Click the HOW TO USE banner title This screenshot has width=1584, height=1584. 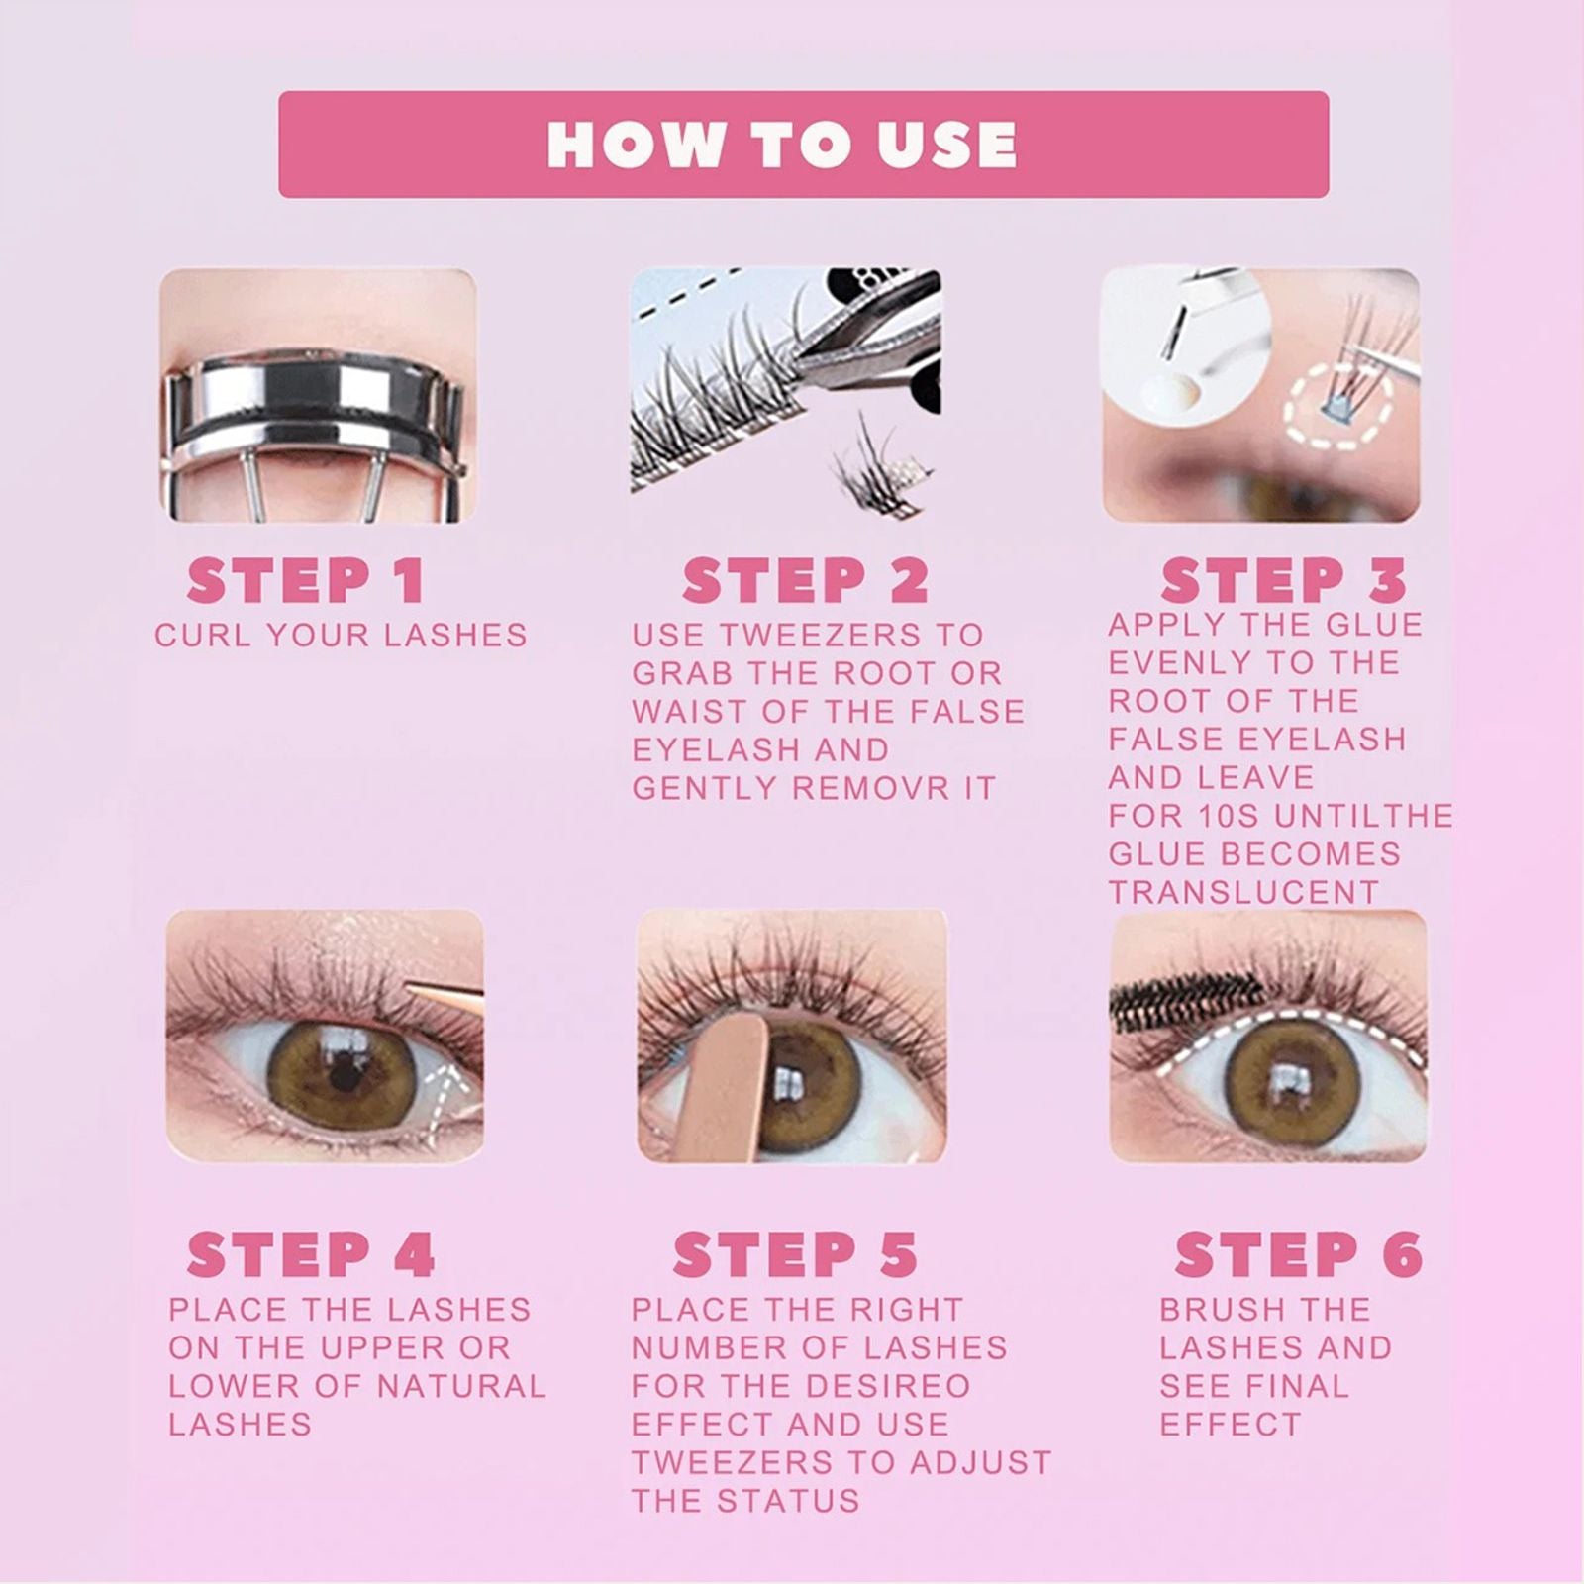pyautogui.click(x=782, y=145)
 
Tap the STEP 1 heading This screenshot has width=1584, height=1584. pyautogui.click(x=306, y=581)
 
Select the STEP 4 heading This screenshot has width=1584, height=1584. pyautogui.click(x=311, y=1255)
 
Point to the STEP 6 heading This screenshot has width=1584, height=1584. pyautogui.click(x=1298, y=1255)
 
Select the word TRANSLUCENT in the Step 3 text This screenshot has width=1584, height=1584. pyautogui.click(x=1242, y=892)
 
